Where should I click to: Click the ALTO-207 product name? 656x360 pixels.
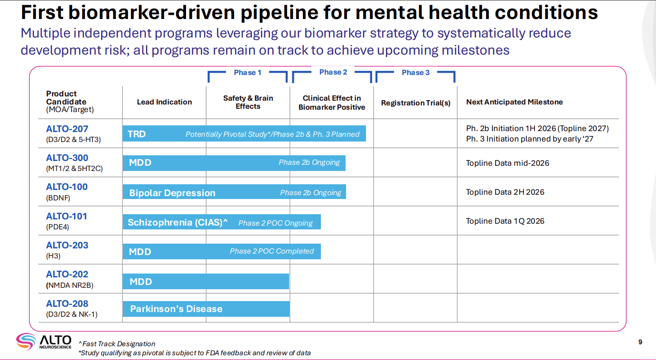(x=67, y=129)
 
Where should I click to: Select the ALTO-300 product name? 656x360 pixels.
(x=67, y=158)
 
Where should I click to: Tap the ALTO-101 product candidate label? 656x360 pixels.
(x=66, y=216)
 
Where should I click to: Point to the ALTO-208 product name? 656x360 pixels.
(x=67, y=303)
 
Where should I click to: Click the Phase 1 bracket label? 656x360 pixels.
(x=247, y=73)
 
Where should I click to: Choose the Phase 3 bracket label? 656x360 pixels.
(x=415, y=73)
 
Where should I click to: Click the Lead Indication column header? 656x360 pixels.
(x=164, y=102)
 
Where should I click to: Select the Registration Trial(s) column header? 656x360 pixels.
(x=415, y=103)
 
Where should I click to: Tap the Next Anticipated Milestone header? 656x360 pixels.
(x=514, y=102)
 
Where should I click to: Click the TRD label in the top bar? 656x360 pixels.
(x=137, y=134)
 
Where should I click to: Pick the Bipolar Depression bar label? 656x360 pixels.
(x=172, y=193)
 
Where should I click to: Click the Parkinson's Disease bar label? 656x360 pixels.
(x=176, y=309)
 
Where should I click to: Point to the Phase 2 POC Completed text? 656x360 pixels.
(x=272, y=251)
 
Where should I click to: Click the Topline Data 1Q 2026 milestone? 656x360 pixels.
(x=505, y=221)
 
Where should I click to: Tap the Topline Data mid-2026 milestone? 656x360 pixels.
(x=507, y=163)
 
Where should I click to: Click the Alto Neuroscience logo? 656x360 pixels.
(x=44, y=341)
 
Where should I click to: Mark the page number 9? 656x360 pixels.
(x=640, y=342)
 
